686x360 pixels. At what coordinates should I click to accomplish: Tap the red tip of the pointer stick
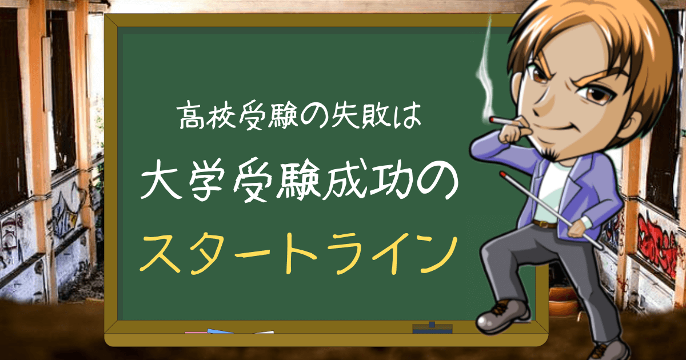(x=502, y=172)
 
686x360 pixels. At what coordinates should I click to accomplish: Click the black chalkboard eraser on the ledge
(x=432, y=328)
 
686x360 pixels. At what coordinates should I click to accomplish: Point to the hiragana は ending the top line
(x=410, y=117)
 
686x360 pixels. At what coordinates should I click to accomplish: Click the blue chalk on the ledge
(x=220, y=331)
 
